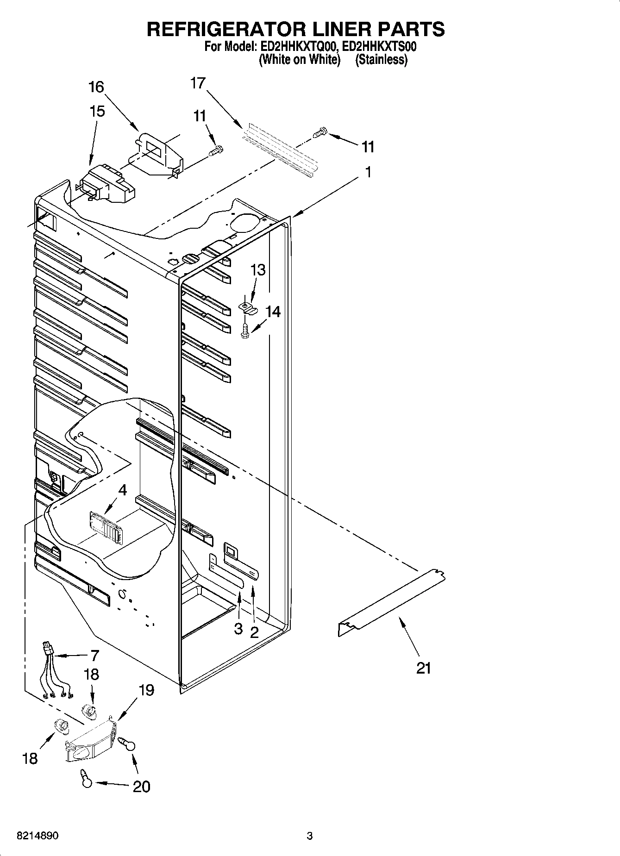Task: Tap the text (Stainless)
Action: pyautogui.click(x=381, y=60)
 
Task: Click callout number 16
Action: pyautogui.click(x=96, y=87)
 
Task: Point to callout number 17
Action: pyautogui.click(x=198, y=83)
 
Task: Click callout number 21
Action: pyautogui.click(x=423, y=668)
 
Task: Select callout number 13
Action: pyautogui.click(x=258, y=269)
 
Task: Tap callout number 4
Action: pyautogui.click(x=122, y=490)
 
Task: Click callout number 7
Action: pyautogui.click(x=94, y=656)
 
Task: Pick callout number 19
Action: pyautogui.click(x=146, y=690)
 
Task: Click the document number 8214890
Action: pyautogui.click(x=38, y=836)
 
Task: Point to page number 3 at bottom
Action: pyautogui.click(x=310, y=836)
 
